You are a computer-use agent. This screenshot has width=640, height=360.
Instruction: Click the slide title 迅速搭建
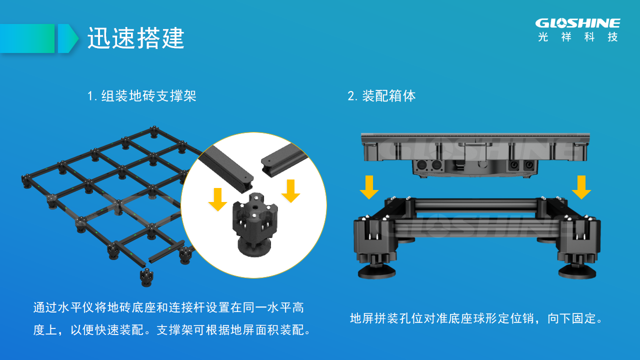[x=135, y=38]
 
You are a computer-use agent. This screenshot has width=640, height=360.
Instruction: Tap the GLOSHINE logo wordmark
[x=577, y=23]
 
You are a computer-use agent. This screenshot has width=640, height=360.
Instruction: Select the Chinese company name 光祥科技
[x=577, y=37]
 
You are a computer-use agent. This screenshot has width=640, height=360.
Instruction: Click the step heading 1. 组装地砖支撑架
[x=142, y=95]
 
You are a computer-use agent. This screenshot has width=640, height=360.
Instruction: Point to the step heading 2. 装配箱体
[x=381, y=95]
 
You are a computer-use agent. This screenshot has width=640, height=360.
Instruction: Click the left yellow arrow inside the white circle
[x=217, y=199]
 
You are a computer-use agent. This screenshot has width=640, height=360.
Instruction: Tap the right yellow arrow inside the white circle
[x=290, y=191]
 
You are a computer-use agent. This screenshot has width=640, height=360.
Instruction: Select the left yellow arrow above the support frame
[x=369, y=187]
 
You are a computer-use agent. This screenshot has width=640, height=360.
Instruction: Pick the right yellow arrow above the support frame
[x=581, y=187]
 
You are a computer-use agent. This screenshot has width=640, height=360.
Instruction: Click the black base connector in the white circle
[x=254, y=224]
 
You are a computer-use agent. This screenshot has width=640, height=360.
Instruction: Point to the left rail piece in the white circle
[x=226, y=167]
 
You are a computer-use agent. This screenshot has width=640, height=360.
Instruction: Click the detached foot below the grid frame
[x=146, y=277]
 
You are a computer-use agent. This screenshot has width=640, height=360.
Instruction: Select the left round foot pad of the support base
[x=376, y=271]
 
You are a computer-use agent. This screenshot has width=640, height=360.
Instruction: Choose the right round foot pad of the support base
[x=577, y=271]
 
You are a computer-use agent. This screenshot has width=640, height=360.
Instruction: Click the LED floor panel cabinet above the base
[x=475, y=155]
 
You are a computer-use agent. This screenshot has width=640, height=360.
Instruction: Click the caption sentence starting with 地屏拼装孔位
[x=476, y=318]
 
